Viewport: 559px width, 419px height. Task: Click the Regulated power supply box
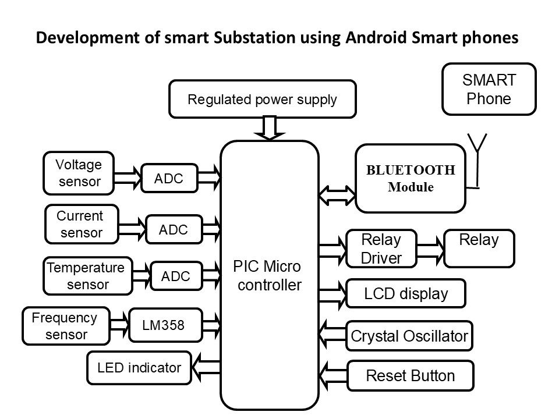click(261, 99)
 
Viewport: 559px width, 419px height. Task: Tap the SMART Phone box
click(489, 89)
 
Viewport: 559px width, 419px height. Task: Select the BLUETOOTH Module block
click(410, 178)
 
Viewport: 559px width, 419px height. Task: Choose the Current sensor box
click(82, 224)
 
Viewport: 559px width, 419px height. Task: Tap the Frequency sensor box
click(66, 326)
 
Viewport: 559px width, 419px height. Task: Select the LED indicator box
click(139, 368)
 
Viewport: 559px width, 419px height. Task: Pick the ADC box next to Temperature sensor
click(176, 276)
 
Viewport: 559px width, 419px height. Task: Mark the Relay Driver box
click(381, 248)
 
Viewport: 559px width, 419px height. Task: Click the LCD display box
click(406, 294)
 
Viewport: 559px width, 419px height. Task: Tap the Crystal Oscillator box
click(409, 336)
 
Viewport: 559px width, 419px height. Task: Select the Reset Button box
click(410, 375)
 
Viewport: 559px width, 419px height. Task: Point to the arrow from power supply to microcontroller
click(270, 128)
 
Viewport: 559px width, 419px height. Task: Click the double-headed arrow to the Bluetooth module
click(337, 194)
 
